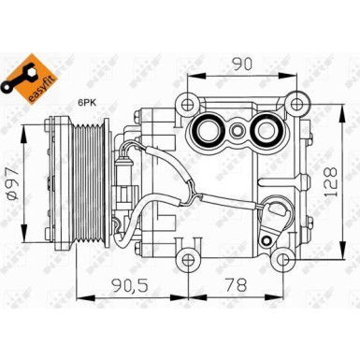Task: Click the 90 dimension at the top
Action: click(x=242, y=65)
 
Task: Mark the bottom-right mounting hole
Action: click(x=296, y=257)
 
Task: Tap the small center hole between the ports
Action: click(x=240, y=131)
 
